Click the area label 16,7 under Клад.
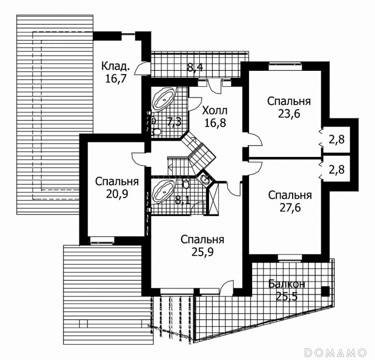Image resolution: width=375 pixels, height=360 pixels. (115, 78)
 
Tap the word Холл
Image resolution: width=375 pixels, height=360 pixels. (215, 111)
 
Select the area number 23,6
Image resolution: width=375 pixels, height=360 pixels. (289, 114)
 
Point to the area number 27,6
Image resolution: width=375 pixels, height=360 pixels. (290, 208)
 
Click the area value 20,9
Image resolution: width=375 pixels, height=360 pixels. (117, 194)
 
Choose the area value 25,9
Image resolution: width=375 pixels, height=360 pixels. (203, 252)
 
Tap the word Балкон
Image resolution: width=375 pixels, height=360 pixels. (286, 284)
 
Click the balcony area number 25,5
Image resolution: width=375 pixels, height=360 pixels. (286, 297)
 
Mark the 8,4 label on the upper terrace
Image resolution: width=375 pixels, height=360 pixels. (195, 67)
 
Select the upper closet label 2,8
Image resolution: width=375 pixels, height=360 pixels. (337, 140)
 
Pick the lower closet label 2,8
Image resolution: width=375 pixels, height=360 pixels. (337, 170)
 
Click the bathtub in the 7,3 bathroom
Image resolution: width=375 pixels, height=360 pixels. (163, 99)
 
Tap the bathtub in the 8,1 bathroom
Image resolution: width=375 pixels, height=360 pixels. (163, 192)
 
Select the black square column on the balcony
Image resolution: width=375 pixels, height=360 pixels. (325, 292)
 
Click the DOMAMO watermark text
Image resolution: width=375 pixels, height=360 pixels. (335, 352)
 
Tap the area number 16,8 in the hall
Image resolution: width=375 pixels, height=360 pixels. (215, 123)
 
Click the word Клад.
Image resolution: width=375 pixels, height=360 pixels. (115, 66)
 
